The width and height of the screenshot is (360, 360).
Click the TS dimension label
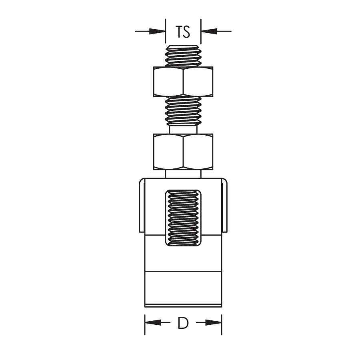coord(183,32)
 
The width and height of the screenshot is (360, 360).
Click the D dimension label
coord(183,323)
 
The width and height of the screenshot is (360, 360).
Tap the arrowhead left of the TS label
coord(157,31)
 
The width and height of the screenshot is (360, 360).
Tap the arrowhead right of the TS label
coord(209,31)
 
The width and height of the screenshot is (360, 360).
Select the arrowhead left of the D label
coord(153,322)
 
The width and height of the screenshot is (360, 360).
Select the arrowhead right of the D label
coord(213,322)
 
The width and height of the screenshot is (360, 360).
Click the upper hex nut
coord(183,82)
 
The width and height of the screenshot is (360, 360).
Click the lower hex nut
coord(183,152)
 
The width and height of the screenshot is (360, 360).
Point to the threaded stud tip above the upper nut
coord(183,56)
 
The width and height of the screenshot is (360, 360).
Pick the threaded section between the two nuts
coord(183,111)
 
